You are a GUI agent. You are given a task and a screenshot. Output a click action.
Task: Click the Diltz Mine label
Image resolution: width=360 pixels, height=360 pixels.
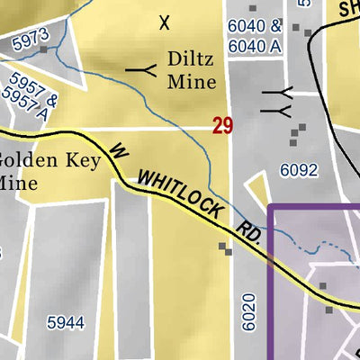click(x=192, y=71)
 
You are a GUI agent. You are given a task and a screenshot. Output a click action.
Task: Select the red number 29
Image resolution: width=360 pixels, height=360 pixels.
click(x=223, y=126)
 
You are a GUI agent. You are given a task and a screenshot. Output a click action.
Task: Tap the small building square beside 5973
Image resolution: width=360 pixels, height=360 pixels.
click(x=43, y=49)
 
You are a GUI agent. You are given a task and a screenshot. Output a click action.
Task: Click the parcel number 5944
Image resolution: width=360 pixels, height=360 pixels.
click(x=66, y=321)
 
